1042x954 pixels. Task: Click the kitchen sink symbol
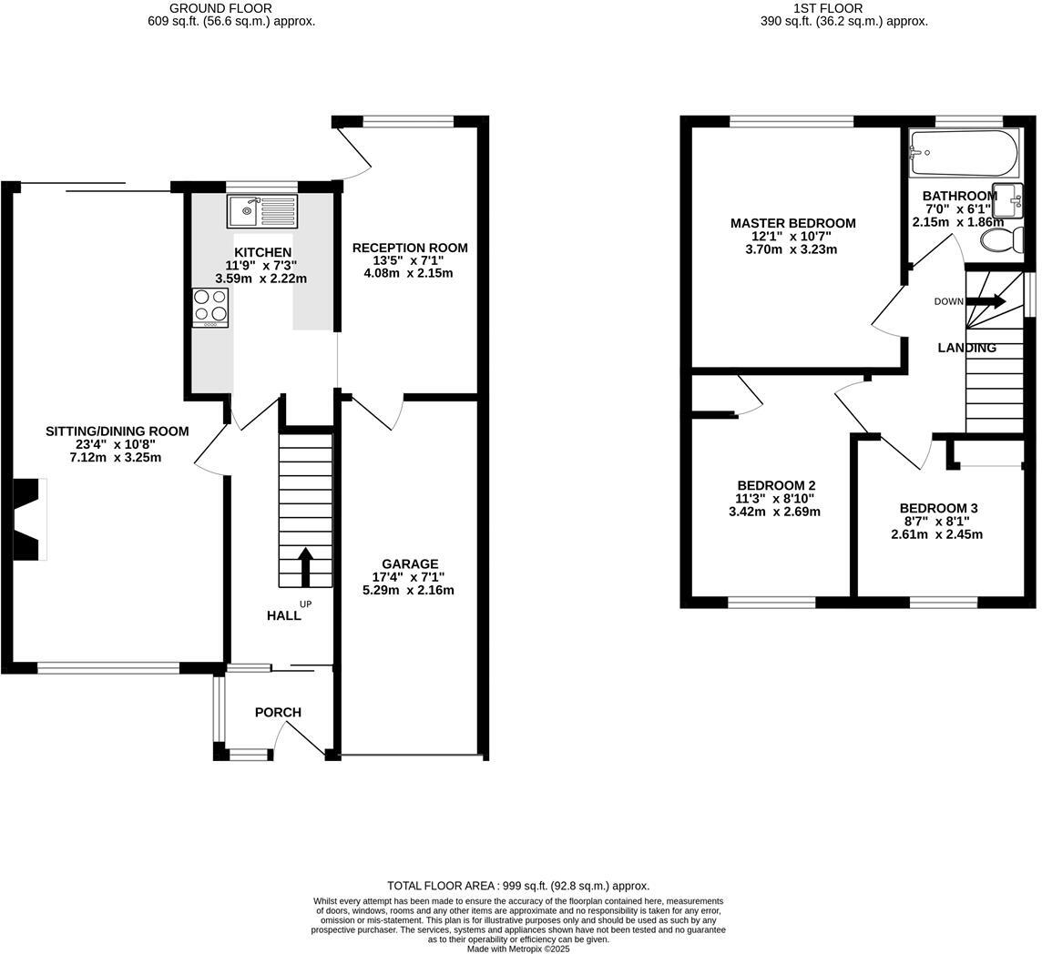tap(262, 211)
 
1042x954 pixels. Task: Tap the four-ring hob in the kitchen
tap(210, 307)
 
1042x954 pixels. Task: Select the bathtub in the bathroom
tap(964, 153)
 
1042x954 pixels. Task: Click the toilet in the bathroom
tap(1002, 239)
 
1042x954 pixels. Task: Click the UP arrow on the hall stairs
tap(305, 566)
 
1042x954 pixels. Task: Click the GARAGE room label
tap(410, 564)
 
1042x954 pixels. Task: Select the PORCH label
tap(278, 712)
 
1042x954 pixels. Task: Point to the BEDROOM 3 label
tap(938, 508)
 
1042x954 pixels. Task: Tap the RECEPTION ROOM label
tap(410, 248)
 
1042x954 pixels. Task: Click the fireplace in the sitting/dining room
tap(29, 519)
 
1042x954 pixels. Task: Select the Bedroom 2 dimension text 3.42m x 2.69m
tap(774, 512)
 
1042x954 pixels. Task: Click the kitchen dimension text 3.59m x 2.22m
tap(260, 279)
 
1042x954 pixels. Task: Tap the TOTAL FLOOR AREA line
tap(518, 885)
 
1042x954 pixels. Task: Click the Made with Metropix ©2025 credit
tap(518, 949)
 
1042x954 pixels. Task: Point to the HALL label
tap(283, 615)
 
